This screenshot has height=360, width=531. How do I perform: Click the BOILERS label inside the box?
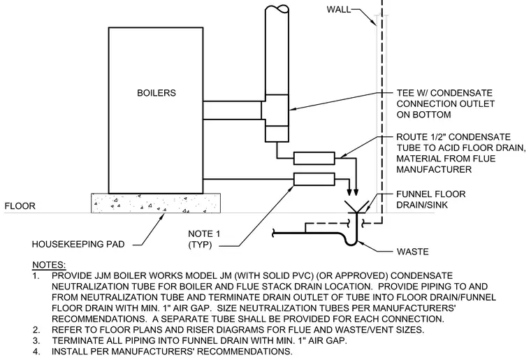pyautogui.click(x=157, y=93)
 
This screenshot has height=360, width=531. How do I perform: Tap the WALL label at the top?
pyautogui.click(x=339, y=10)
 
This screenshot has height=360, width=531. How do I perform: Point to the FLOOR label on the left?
pyautogui.click(x=20, y=206)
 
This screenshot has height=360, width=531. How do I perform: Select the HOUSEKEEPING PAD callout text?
pyautogui.click(x=78, y=244)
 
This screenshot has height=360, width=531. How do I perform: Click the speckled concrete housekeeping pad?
pyautogui.click(x=156, y=203)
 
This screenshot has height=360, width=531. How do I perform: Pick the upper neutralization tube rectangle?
pyautogui.click(x=314, y=159)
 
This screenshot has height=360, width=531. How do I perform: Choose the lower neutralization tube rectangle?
pyautogui.click(x=314, y=179)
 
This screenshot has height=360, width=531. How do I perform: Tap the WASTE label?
pyautogui.click(x=412, y=252)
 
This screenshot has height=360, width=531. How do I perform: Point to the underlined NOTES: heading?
pyautogui.click(x=49, y=265)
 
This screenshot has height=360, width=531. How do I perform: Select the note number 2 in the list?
pyautogui.click(x=36, y=329)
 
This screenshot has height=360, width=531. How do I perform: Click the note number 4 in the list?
pyautogui.click(x=36, y=351)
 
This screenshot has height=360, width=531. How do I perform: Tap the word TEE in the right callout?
pyautogui.click(x=406, y=93)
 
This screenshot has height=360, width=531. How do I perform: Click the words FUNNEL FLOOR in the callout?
pyautogui.click(x=431, y=194)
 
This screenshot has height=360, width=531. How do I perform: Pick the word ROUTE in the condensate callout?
pyautogui.click(x=411, y=137)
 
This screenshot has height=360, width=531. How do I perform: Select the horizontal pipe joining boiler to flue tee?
pyautogui.click(x=232, y=110)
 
